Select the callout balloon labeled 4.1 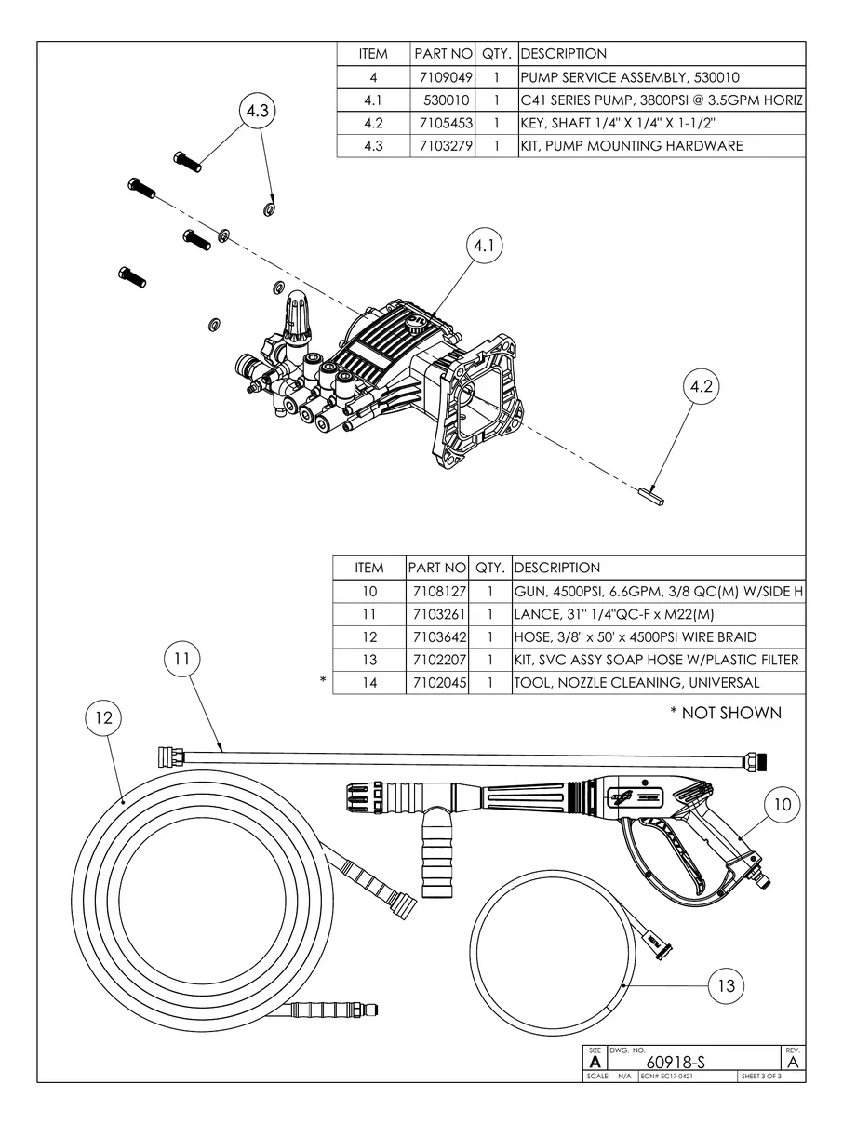coord(483,246)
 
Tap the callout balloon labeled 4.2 coord(702,389)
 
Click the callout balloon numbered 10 coord(783,804)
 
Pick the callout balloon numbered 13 coord(727,985)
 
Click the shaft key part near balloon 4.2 coord(650,495)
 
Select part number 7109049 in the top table coord(444,77)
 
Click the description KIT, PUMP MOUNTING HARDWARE coord(632,146)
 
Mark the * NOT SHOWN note coord(725,714)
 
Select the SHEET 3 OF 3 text coord(760,1077)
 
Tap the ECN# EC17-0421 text coord(667,1077)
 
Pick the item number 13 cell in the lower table coord(369,661)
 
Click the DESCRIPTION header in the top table coord(564,54)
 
